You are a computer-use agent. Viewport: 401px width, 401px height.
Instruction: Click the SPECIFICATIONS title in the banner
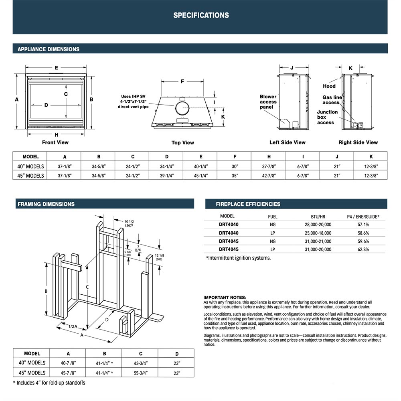(201, 16)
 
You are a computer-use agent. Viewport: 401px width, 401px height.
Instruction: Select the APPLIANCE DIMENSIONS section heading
(48, 49)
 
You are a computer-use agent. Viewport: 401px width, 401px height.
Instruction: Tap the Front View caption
(55, 142)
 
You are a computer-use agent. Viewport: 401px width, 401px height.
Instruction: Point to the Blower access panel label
(268, 102)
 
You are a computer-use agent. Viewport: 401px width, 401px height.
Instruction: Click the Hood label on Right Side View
(329, 86)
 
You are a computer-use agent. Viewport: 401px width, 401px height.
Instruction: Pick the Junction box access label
(327, 117)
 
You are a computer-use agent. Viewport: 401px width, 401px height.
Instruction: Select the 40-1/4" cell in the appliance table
(200, 166)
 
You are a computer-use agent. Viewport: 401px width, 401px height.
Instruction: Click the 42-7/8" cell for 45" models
(269, 175)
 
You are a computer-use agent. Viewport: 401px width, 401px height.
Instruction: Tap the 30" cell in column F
(235, 166)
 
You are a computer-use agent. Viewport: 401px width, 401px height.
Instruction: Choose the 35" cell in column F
(235, 175)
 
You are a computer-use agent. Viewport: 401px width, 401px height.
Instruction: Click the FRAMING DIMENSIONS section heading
(46, 204)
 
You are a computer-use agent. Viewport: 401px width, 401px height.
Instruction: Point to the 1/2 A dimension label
(73, 326)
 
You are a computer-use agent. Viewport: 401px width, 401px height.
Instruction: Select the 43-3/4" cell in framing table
(140, 363)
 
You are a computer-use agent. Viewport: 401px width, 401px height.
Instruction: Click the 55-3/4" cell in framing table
(140, 373)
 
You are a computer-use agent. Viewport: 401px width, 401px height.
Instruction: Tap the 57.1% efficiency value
(363, 225)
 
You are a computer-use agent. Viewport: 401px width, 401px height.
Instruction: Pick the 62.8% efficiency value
(363, 249)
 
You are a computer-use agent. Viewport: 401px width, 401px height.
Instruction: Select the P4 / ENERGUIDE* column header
(363, 217)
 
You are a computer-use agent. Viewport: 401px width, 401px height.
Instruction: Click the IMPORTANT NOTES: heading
(225, 297)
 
